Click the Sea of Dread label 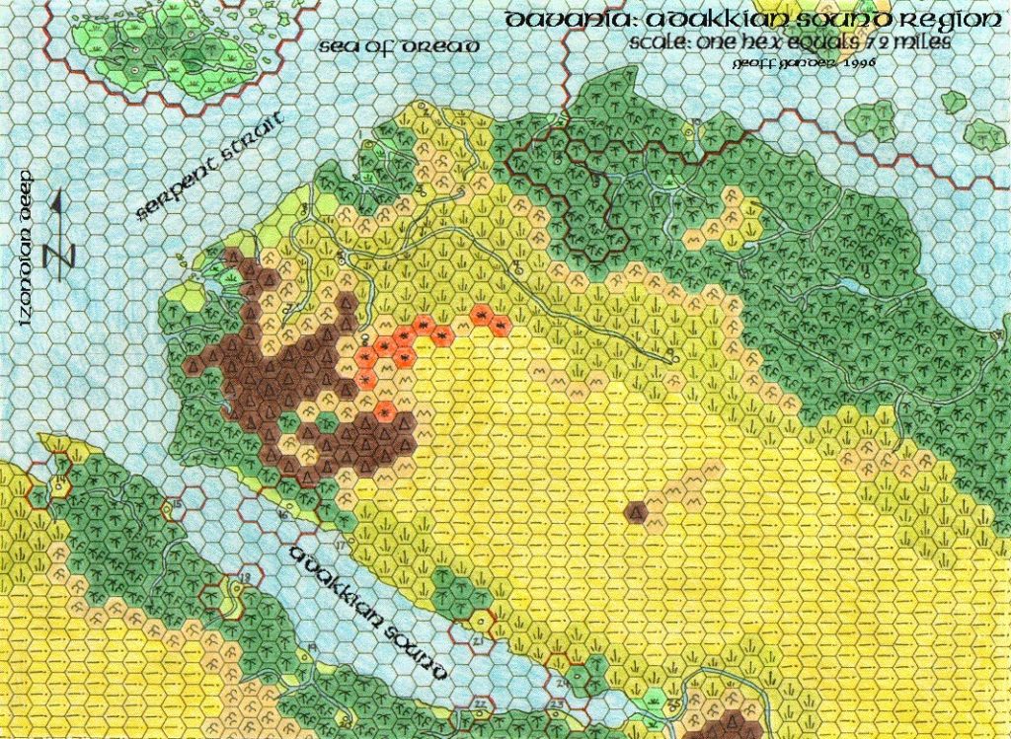400,46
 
